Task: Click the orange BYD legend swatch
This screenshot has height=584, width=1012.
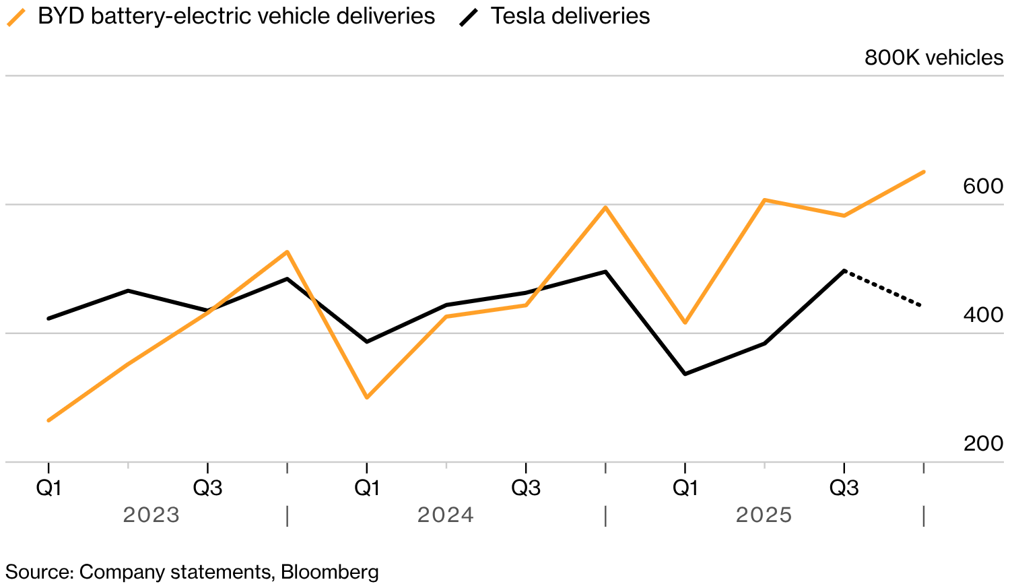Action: [16, 17]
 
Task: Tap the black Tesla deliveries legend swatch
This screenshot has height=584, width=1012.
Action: [469, 17]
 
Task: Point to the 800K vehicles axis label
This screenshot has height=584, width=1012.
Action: [933, 58]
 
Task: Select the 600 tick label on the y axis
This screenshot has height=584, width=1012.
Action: [982, 187]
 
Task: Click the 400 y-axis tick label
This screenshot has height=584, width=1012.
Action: [982, 315]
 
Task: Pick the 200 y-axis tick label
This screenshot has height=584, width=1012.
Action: [983, 444]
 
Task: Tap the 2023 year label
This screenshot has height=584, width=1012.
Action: [151, 515]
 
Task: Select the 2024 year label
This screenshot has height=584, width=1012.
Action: [446, 515]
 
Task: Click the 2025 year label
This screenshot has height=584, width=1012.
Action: [764, 515]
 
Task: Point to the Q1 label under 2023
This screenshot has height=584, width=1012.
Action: [48, 488]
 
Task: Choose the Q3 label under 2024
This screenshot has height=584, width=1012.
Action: [526, 488]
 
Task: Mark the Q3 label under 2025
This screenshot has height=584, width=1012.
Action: [844, 488]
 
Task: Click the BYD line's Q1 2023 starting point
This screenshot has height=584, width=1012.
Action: [48, 420]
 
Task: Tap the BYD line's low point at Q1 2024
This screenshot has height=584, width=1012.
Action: [367, 397]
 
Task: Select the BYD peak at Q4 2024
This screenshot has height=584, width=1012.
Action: [605, 207]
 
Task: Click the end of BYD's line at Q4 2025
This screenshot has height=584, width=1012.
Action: [923, 172]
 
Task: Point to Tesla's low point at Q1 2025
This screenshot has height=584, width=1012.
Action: [685, 374]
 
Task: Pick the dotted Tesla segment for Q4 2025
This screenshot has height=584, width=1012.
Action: [883, 288]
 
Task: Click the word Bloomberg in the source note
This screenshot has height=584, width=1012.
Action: [329, 572]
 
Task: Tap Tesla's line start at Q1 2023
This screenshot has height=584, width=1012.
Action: [48, 318]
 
